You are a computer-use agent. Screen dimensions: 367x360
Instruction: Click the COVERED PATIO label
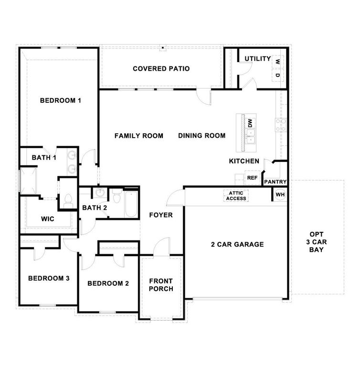tap(161, 69)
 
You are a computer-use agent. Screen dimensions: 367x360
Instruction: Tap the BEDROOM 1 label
tap(61, 100)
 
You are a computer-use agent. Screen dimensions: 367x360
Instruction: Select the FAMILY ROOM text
tap(138, 136)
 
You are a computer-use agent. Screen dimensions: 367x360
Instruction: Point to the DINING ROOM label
tap(201, 136)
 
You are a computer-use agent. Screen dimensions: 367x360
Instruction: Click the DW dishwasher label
tap(249, 122)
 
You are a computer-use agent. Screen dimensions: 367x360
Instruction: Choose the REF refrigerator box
tap(252, 178)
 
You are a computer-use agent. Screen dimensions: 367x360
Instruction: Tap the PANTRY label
tap(275, 182)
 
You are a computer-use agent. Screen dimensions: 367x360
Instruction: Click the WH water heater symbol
tap(280, 194)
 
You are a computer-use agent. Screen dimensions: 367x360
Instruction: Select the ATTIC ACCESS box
tap(236, 195)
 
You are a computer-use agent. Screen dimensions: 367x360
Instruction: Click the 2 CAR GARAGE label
tap(237, 245)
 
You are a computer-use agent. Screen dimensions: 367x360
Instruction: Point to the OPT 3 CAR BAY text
tap(317, 242)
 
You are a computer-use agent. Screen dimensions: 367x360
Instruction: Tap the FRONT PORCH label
tap(161, 285)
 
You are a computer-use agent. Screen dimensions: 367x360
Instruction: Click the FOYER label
tap(160, 215)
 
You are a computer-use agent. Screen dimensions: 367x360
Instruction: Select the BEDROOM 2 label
tap(108, 283)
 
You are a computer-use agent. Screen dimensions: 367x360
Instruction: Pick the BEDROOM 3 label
tap(49, 278)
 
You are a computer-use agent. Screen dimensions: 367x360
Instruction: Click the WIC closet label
tap(48, 219)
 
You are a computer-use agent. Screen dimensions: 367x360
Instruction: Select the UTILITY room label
tap(258, 59)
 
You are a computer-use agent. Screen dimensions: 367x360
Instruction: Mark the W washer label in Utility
tap(277, 61)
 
